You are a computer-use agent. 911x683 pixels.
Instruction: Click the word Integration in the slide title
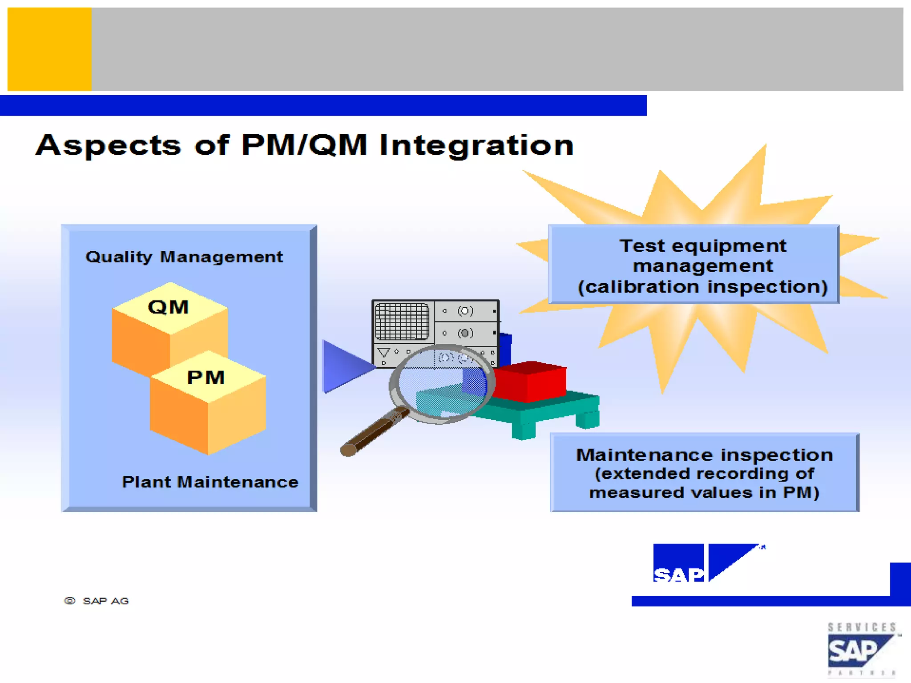click(476, 145)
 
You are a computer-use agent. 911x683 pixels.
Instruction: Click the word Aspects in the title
click(108, 145)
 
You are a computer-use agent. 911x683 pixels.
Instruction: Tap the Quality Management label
click(184, 257)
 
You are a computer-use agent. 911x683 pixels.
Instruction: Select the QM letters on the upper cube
click(168, 307)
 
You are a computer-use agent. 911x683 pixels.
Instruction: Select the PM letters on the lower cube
click(206, 378)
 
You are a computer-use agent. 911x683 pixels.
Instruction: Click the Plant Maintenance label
click(210, 482)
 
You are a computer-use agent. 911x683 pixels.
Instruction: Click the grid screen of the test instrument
click(402, 321)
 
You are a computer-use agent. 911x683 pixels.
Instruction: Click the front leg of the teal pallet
click(523, 430)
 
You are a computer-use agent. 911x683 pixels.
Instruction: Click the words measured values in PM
click(704, 493)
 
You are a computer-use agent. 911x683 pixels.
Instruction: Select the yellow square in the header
click(49, 49)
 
